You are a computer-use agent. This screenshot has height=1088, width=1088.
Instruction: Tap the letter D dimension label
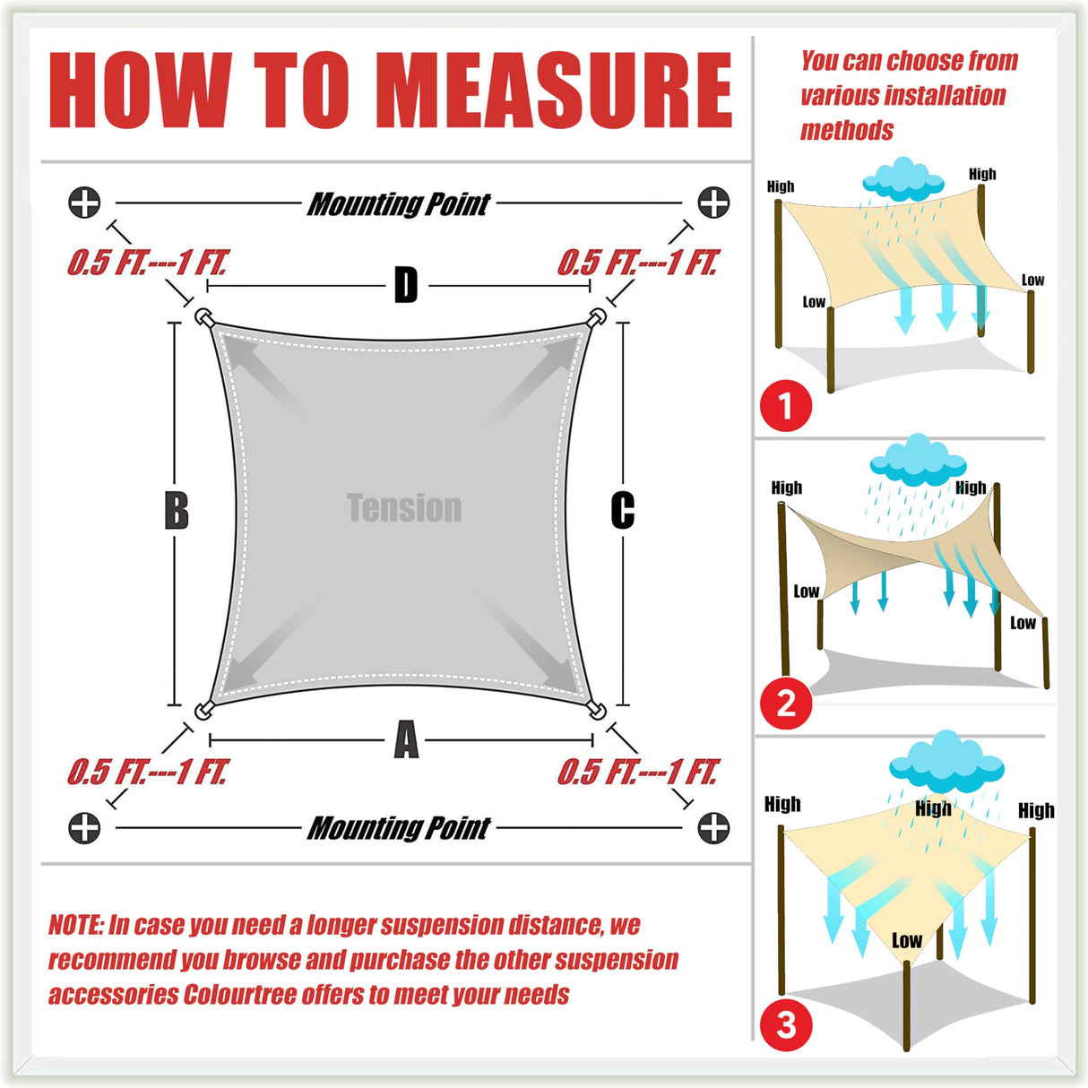point(405,285)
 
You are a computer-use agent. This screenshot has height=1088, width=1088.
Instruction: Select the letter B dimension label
point(177,511)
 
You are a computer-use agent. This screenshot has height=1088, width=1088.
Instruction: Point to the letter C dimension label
point(622,511)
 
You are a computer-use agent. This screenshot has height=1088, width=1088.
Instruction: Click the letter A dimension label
point(406,739)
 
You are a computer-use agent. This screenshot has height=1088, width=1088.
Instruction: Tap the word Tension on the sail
point(404,507)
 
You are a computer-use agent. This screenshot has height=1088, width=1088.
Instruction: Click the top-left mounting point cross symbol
point(84,203)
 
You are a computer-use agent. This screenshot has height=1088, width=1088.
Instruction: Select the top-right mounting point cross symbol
point(713,203)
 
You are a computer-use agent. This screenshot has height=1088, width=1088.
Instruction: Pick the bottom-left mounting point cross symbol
point(84,828)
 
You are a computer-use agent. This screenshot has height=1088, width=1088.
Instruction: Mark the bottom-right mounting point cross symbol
point(713,828)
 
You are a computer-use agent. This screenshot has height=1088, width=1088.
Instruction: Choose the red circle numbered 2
point(786,704)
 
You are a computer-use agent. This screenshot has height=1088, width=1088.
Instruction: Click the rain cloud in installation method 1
point(902,179)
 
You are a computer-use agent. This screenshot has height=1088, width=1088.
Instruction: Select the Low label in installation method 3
point(907,941)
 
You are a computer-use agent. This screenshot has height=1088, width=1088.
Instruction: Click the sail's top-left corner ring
point(203,316)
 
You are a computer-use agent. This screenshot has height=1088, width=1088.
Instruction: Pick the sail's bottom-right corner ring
point(597,710)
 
